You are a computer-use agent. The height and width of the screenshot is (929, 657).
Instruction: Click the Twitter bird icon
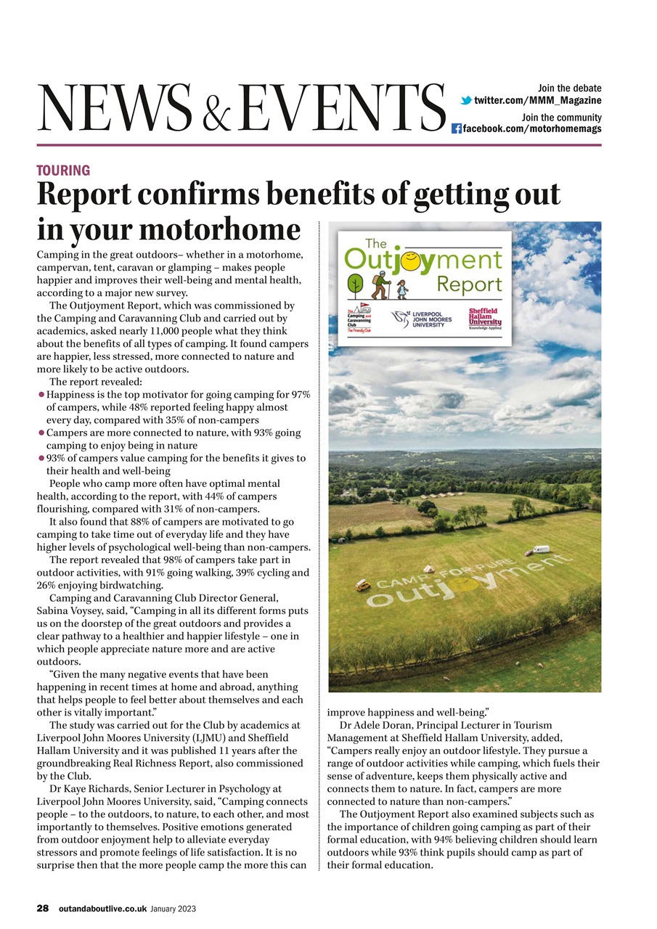coord(466,100)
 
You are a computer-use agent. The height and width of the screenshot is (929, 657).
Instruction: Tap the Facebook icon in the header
coord(457,129)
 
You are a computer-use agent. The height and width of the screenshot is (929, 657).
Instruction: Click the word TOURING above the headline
coord(63,171)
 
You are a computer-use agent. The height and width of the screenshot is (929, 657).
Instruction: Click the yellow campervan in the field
coord(363,585)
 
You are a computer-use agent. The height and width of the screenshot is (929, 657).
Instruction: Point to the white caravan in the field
coord(541,549)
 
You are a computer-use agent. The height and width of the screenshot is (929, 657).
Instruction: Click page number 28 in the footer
coord(44,908)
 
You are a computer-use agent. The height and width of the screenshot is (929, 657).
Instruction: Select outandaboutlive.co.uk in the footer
coord(102,908)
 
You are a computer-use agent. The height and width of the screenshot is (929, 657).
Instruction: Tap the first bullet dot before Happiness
coord(41,395)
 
